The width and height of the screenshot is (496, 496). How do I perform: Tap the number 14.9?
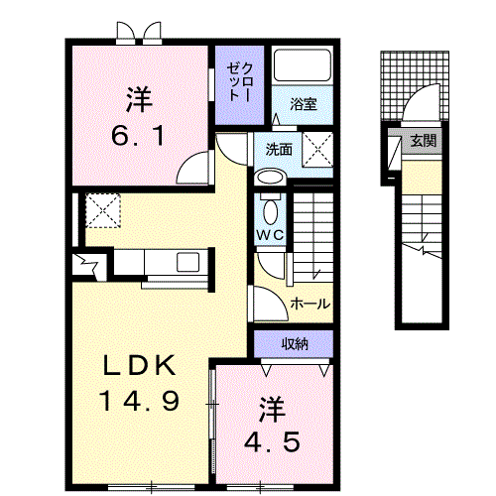click(x=138, y=401)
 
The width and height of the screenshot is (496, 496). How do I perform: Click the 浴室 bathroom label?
click(x=303, y=103)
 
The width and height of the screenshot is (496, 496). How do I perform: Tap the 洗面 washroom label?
click(x=278, y=150)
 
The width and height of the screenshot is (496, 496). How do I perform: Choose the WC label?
click(x=270, y=234)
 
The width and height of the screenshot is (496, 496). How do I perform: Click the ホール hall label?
click(x=310, y=304)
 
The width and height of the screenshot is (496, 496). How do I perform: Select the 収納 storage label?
click(x=294, y=345)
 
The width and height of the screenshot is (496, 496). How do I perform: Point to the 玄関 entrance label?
click(x=422, y=141)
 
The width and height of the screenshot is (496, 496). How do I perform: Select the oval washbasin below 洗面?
click(x=270, y=177)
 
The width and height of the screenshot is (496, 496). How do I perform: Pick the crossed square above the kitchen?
click(x=103, y=211)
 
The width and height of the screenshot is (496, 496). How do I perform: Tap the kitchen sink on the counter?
click(x=186, y=262)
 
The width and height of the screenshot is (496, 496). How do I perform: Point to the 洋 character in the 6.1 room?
click(x=138, y=99)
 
